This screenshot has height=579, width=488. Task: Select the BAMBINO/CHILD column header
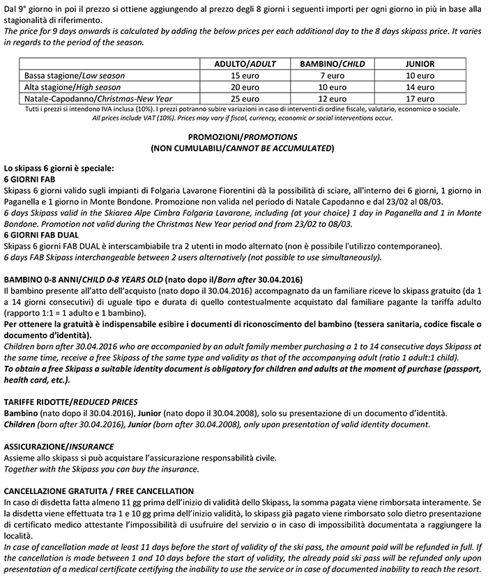tap(333, 63)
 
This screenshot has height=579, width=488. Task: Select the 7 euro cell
tap(333, 75)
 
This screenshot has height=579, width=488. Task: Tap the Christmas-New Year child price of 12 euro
tap(333, 98)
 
